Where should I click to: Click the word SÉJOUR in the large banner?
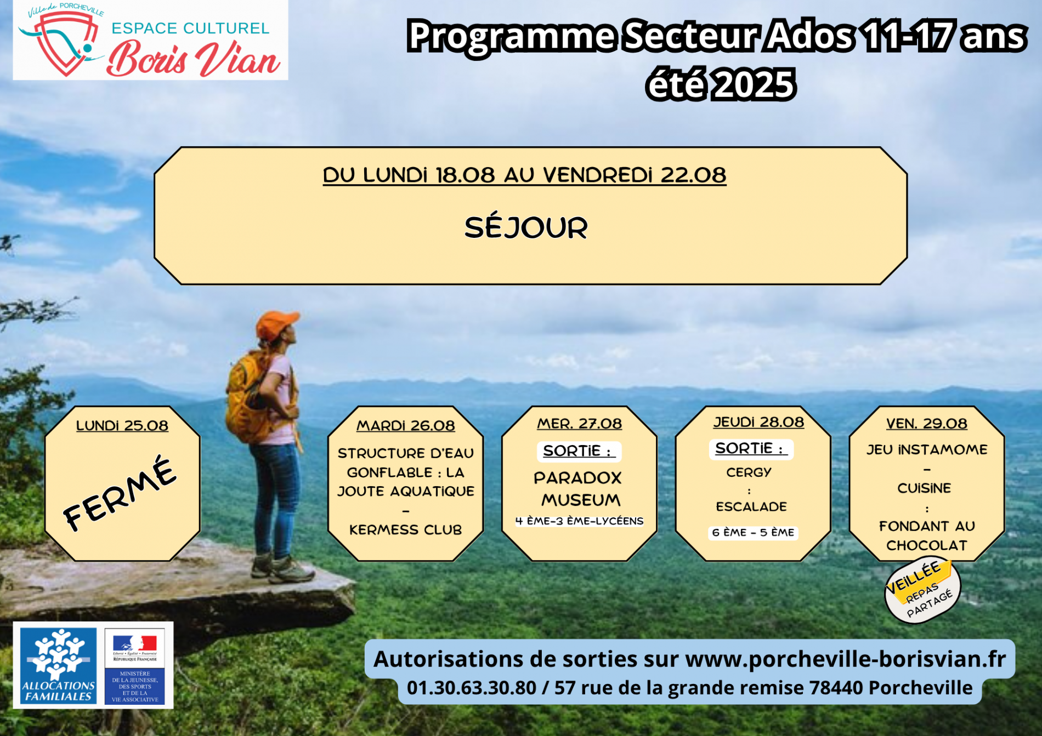click(x=526, y=227)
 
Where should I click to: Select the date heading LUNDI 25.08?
click(x=122, y=426)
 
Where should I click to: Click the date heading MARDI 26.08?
click(x=406, y=426)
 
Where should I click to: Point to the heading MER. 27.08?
click(x=580, y=424)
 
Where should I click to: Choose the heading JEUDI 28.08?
click(x=758, y=422)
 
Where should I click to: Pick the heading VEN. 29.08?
click(x=927, y=424)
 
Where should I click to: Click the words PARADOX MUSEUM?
click(x=579, y=489)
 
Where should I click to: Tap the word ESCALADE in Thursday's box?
click(x=751, y=507)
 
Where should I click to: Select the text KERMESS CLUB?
click(x=406, y=530)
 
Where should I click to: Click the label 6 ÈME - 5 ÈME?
click(x=753, y=533)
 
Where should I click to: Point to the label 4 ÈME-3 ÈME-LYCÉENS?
click(x=579, y=521)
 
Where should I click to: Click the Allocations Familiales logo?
click(x=58, y=666)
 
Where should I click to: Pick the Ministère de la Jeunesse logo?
click(x=135, y=666)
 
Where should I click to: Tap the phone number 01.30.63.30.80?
click(x=472, y=688)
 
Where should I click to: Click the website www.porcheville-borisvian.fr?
click(x=846, y=659)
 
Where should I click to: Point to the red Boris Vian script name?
click(x=194, y=59)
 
